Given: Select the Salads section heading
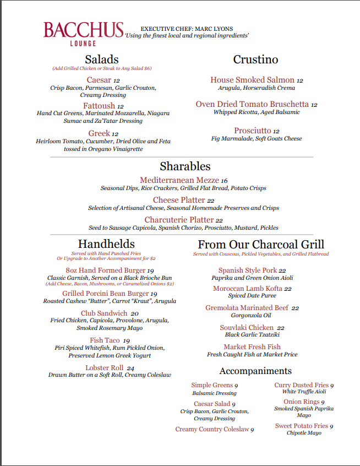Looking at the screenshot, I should pos(102,59).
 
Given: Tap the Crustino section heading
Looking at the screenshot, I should pos(255,59).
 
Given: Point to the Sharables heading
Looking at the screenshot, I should pos(185,166).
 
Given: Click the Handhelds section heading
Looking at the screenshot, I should pos(106,243).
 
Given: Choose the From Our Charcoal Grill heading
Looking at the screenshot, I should pos(261,244).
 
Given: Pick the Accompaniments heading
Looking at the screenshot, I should pos(255,371).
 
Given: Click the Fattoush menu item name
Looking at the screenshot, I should pos(99,106).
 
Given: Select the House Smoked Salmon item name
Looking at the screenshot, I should pos(252,80).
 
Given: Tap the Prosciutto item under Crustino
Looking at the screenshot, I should pos(252,131).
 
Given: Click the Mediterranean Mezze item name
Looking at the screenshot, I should pos(179,180).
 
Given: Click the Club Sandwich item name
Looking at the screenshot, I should pos(104,313).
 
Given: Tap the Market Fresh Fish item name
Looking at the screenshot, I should pos(252,346).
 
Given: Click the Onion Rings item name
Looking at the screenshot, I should pos(301,402).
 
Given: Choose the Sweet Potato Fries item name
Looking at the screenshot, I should pos(302,426).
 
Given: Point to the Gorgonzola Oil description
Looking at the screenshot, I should pos(252,316).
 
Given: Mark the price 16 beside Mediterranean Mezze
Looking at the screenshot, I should pos(224,181).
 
